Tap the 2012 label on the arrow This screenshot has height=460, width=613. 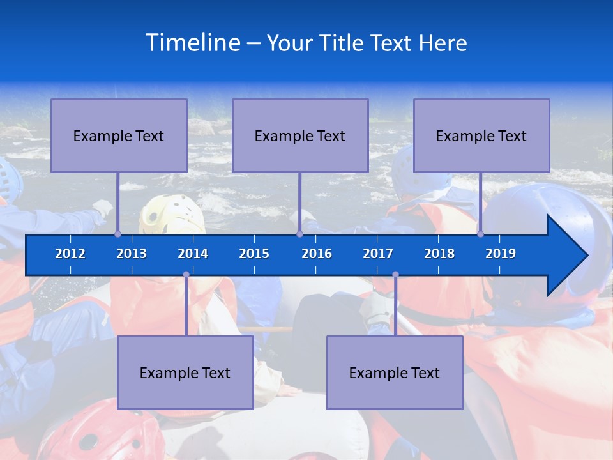70,254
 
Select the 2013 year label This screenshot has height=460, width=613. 132,254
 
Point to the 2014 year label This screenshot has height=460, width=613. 193,254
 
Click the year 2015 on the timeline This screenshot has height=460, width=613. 254,254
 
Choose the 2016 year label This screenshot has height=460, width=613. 317,254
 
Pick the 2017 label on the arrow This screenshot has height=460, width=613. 378,254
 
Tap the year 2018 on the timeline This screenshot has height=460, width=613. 439,254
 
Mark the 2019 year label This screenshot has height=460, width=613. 501,254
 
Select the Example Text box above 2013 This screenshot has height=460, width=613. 119,135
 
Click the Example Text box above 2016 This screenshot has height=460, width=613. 300,135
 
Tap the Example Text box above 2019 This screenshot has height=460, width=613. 481,135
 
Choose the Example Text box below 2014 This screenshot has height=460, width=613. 185,372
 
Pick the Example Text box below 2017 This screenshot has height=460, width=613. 395,372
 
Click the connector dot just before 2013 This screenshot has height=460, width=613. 117,234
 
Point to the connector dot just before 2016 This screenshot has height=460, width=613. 299,234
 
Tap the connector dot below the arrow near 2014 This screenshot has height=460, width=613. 186,275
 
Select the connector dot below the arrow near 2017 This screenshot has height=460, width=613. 395,275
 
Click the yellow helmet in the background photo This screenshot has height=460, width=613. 169,214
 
